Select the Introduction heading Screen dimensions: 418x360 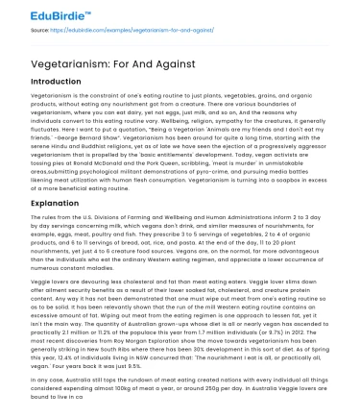(x=58, y=83)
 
